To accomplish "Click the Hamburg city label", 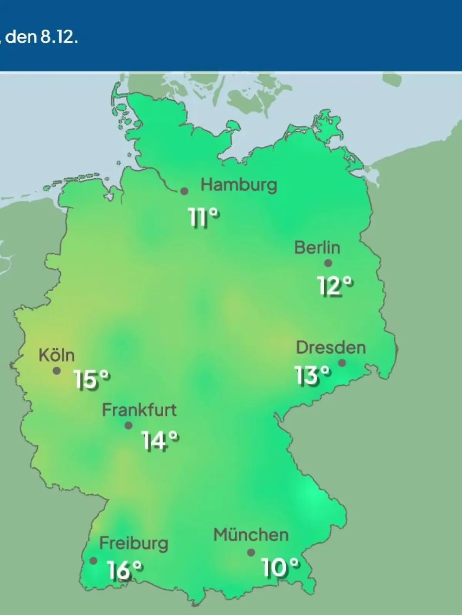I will (239, 185).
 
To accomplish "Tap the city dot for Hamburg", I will (184, 191).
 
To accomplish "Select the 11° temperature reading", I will (204, 218).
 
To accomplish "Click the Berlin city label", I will (317, 248).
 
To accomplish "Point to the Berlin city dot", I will (328, 263).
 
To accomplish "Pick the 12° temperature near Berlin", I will (335, 286).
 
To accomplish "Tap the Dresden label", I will (331, 347).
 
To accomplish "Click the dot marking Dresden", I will (341, 363).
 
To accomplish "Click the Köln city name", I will (57, 355).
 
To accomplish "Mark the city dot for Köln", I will (57, 371).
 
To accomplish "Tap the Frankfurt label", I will (139, 410).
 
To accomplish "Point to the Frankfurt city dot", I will (129, 426).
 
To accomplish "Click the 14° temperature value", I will (160, 440).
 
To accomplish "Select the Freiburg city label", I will (134, 544).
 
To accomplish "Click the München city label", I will (251, 535).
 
